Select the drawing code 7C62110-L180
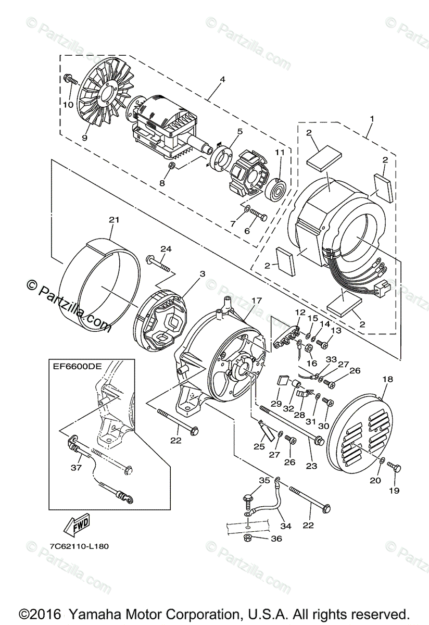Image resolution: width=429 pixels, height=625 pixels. [79, 546]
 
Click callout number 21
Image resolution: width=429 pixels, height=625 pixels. [114, 220]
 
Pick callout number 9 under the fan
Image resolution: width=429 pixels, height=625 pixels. [84, 138]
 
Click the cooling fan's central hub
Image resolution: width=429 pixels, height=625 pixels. [106, 94]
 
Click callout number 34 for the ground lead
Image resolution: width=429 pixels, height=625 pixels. [286, 526]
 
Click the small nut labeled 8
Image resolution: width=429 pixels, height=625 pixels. [172, 166]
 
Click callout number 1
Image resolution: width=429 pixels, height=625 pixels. [372, 118]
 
